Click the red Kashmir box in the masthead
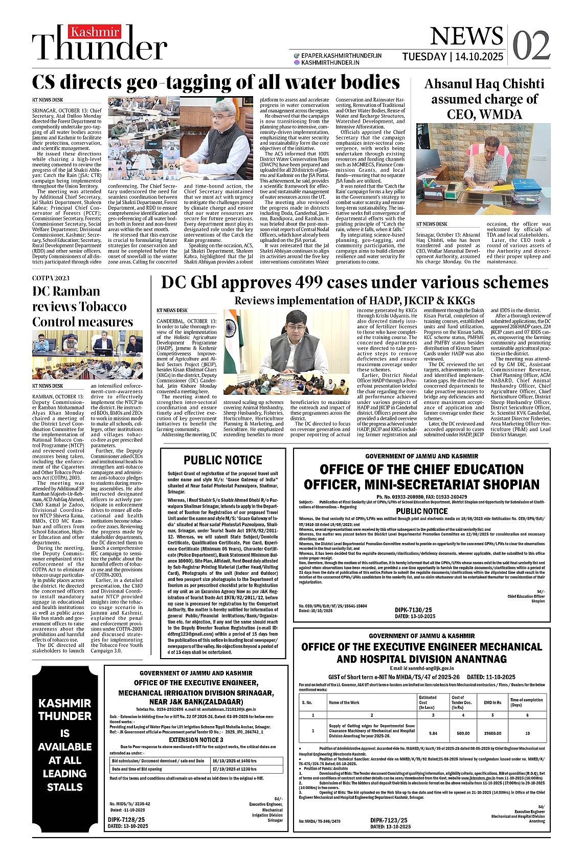click(x=88, y=32)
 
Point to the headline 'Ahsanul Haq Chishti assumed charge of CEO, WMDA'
click(x=484, y=99)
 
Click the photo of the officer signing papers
click(x=483, y=169)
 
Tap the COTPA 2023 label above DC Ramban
click(x=51, y=278)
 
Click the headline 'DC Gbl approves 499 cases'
click(x=354, y=282)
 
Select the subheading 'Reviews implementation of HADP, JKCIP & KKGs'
click(x=354, y=301)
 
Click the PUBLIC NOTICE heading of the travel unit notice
click(x=222, y=460)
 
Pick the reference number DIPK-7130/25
click(x=413, y=610)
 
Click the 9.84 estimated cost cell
click(x=433, y=733)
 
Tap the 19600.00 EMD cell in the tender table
click(x=492, y=733)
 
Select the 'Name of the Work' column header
click(x=344, y=703)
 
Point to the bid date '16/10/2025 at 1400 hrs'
click(x=234, y=761)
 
